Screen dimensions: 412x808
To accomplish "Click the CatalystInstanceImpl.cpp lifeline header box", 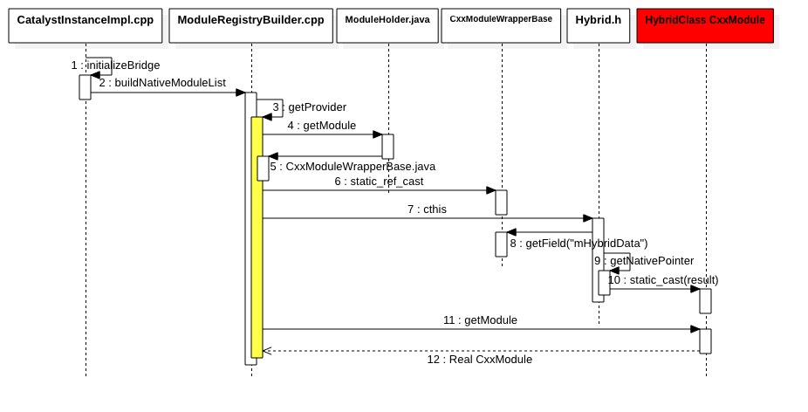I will click(x=86, y=25).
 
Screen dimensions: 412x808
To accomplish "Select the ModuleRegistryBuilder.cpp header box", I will click(x=250, y=25).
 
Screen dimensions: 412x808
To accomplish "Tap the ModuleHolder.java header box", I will click(x=387, y=25).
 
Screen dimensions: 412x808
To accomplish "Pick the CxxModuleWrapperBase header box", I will click(x=501, y=25).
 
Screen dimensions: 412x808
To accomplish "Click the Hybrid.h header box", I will click(x=599, y=25).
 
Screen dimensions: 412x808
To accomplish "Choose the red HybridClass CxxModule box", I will click(x=705, y=25).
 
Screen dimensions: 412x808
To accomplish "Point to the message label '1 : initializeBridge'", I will click(x=115, y=65).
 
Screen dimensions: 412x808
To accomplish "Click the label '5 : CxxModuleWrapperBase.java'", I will click(x=352, y=166).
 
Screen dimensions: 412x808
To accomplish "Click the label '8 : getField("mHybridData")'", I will click(x=579, y=244).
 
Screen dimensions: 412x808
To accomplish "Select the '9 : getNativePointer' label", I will click(x=643, y=261).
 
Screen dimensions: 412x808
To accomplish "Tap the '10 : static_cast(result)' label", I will click(x=663, y=280).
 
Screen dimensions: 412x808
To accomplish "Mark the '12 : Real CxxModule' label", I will click(x=479, y=360).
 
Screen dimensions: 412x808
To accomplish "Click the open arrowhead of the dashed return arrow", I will click(x=267, y=351).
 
